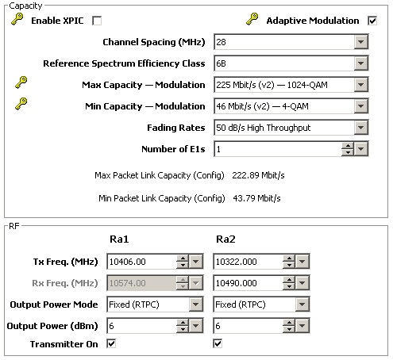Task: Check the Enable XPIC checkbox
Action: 97,21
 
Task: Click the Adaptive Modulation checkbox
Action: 372,21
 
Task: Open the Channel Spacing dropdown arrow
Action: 360,42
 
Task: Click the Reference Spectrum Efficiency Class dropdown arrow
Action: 360,63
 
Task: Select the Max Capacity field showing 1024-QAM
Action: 284,85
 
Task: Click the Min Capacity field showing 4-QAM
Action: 284,106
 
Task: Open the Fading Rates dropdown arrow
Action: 360,128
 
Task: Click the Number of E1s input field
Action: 278,149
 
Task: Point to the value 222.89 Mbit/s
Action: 258,175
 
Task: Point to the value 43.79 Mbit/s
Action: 256,198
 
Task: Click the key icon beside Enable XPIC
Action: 17,19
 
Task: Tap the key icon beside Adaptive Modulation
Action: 252,19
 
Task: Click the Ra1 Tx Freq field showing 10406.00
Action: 141,262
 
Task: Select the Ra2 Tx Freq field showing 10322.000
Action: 248,262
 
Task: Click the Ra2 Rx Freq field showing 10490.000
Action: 248,283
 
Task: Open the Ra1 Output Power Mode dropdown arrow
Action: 196,304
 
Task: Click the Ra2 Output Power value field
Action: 248,326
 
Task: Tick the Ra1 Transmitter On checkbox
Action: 111,344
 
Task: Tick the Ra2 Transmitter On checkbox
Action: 218,344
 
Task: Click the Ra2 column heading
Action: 225,239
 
